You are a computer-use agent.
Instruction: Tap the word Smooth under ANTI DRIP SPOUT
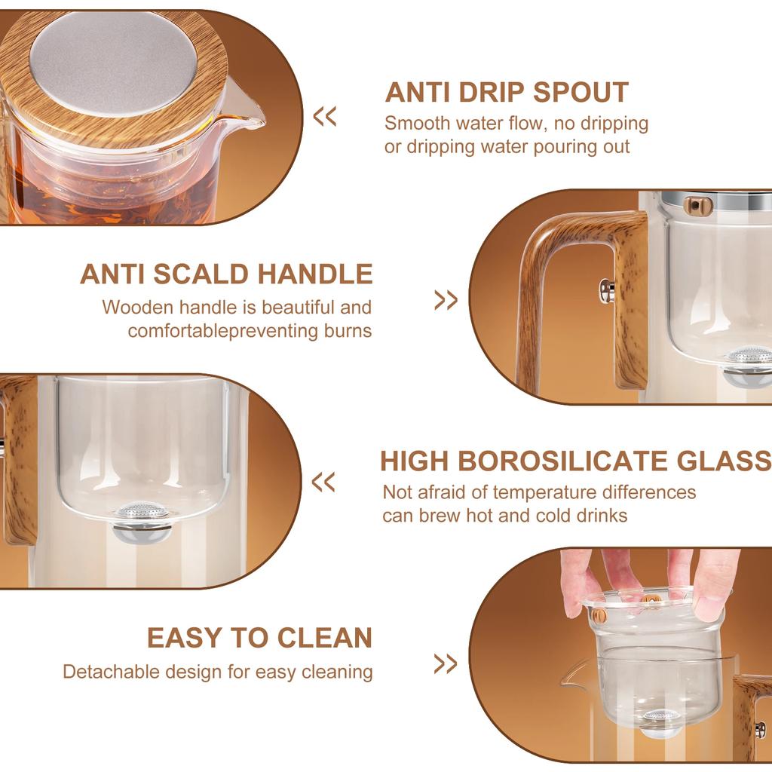[x=415, y=123]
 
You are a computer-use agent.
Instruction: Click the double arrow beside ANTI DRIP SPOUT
[x=325, y=117]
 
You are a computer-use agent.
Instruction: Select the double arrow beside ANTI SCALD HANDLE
[x=446, y=300]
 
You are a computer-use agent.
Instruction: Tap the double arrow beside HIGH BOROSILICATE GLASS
[x=323, y=482]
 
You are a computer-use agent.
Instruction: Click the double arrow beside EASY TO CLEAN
[x=446, y=664]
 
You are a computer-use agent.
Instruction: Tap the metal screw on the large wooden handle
[x=605, y=290]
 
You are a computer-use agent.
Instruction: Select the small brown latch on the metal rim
[x=697, y=205]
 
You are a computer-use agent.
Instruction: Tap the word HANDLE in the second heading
[x=315, y=274]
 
